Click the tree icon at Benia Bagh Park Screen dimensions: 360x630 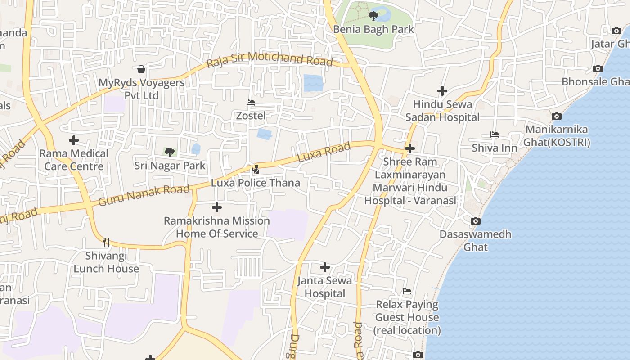click(x=373, y=17)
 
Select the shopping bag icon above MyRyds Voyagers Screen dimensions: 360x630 click(x=141, y=69)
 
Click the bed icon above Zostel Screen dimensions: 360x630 click(x=251, y=103)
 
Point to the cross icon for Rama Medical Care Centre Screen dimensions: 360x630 click(x=74, y=140)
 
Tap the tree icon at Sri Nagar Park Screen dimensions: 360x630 click(x=170, y=153)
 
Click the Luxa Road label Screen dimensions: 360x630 click(x=324, y=153)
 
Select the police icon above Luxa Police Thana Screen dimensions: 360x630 click(x=255, y=170)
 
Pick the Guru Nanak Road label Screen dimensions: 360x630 click(x=144, y=195)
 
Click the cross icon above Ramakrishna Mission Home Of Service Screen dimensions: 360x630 click(x=217, y=207)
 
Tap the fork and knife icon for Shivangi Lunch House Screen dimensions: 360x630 click(x=106, y=243)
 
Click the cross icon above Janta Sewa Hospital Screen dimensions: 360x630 click(x=324, y=267)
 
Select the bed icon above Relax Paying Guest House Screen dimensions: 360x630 click(x=407, y=291)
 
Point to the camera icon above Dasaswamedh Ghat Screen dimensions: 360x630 click(x=476, y=221)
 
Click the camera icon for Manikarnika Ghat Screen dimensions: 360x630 click(x=557, y=116)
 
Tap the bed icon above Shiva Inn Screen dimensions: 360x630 click(x=495, y=135)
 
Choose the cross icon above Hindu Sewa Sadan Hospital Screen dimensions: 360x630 click(x=442, y=91)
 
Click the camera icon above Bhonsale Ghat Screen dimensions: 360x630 click(x=598, y=69)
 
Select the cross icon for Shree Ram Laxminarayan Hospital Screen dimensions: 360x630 click(x=409, y=148)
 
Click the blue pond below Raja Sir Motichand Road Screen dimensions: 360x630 click(x=313, y=83)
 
